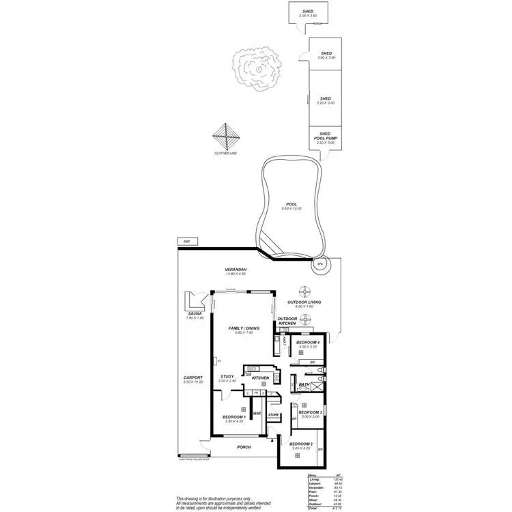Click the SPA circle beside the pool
[x=319, y=264]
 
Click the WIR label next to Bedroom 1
[x=257, y=414]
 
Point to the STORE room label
[x=273, y=414]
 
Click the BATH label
[x=304, y=384]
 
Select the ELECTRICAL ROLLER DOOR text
[x=193, y=458]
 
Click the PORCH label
[x=244, y=447]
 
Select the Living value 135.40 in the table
[x=336, y=480]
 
